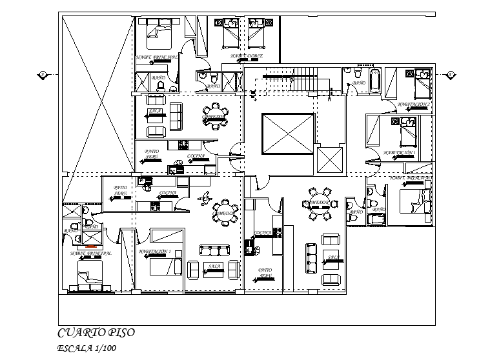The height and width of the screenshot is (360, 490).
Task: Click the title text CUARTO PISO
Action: [96, 333]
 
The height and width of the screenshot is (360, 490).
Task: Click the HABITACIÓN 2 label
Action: [414, 103]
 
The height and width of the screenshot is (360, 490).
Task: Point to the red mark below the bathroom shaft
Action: [91, 246]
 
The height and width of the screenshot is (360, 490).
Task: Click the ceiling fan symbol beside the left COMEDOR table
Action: [205, 198]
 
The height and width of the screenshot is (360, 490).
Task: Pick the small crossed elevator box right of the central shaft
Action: [330, 161]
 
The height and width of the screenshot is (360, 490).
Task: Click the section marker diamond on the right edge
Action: [449, 75]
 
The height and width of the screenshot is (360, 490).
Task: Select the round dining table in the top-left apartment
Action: [215, 116]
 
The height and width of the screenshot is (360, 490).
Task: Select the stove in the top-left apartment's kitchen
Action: [183, 144]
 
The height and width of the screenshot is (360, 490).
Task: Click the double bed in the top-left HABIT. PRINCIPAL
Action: [159, 33]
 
